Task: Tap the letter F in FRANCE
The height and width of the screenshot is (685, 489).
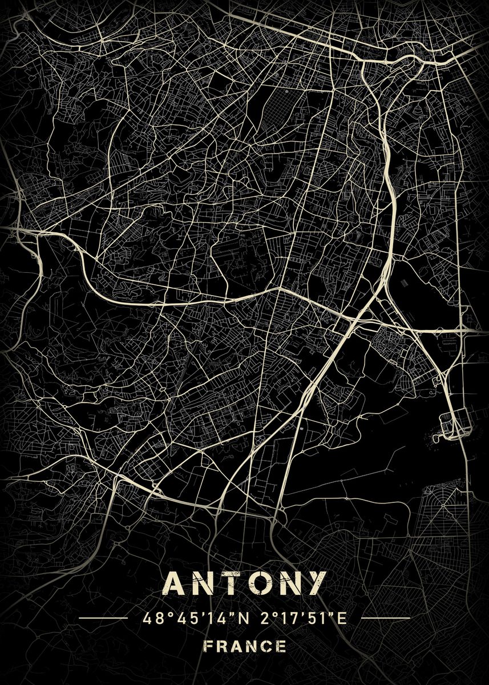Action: point(208,647)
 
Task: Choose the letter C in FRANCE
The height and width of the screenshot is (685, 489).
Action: point(266,647)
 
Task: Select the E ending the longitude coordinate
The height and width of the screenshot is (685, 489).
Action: point(343,618)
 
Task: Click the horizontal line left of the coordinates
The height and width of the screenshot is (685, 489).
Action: point(102,618)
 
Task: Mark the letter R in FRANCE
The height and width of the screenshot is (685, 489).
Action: point(222,647)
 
